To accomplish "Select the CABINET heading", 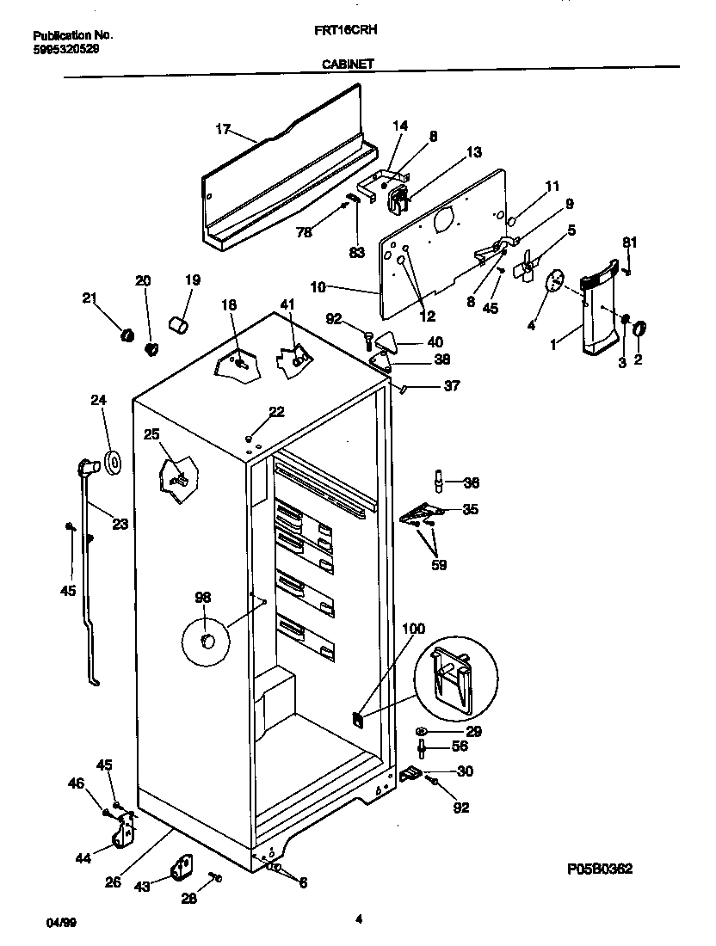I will tap(348, 63).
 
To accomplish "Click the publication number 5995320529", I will tap(65, 49).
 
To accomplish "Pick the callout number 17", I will tap(223, 129).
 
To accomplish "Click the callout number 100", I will tap(413, 629).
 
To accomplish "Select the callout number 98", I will tap(203, 598).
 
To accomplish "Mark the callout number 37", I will tap(451, 386).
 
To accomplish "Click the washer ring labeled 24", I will tap(113, 464).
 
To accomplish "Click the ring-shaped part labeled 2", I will tap(639, 327).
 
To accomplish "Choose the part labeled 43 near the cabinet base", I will tap(182, 869).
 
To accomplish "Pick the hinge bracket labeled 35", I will tap(419, 513).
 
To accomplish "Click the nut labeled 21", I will tap(126, 334).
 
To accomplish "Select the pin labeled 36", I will tap(440, 482).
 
